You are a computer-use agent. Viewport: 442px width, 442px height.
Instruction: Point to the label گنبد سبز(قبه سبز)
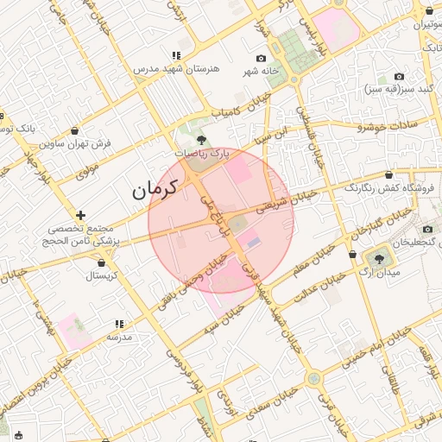point(397,89)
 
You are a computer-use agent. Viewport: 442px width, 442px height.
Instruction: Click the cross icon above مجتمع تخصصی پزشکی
point(80,215)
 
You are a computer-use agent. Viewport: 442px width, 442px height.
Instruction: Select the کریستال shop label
point(101,276)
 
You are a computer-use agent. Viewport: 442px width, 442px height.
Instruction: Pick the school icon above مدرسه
point(118,325)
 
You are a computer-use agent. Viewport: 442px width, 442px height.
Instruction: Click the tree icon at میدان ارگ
point(379,257)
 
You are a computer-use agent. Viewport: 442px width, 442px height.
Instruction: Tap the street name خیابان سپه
point(224,319)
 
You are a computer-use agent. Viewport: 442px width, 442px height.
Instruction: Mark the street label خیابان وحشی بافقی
point(182,290)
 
